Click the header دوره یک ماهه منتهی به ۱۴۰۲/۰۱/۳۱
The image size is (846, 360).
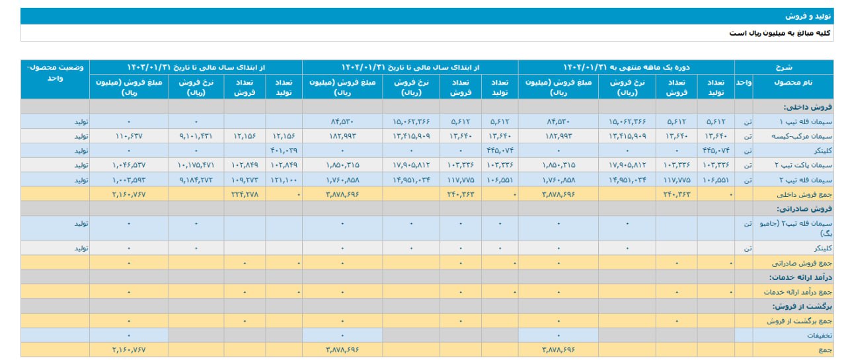pyautogui.click(x=626, y=67)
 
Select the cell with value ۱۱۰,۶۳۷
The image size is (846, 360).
pyautogui.click(x=128, y=136)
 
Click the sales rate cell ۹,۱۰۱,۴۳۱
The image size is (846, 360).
pyautogui.click(x=196, y=136)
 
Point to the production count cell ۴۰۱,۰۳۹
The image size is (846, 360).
pyautogui.click(x=284, y=151)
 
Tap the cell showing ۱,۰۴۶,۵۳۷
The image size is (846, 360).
pyautogui.click(x=128, y=165)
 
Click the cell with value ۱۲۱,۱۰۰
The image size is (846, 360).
pyautogui.click(x=284, y=180)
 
